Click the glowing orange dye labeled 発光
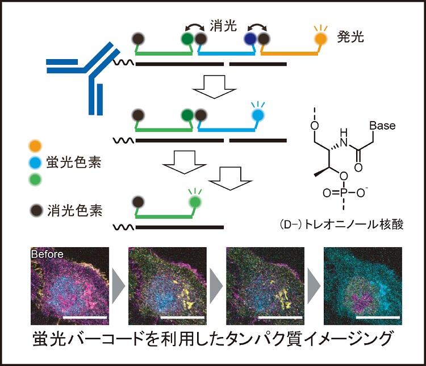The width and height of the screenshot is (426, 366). pos(321,39)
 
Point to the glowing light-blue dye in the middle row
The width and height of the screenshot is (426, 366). pos(258,114)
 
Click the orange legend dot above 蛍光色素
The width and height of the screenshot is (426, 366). pos(35,143)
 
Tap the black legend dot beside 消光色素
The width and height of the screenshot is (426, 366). pos(35,210)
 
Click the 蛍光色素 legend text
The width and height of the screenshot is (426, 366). pos(73,161)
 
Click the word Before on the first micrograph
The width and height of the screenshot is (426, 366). pos(48,254)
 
